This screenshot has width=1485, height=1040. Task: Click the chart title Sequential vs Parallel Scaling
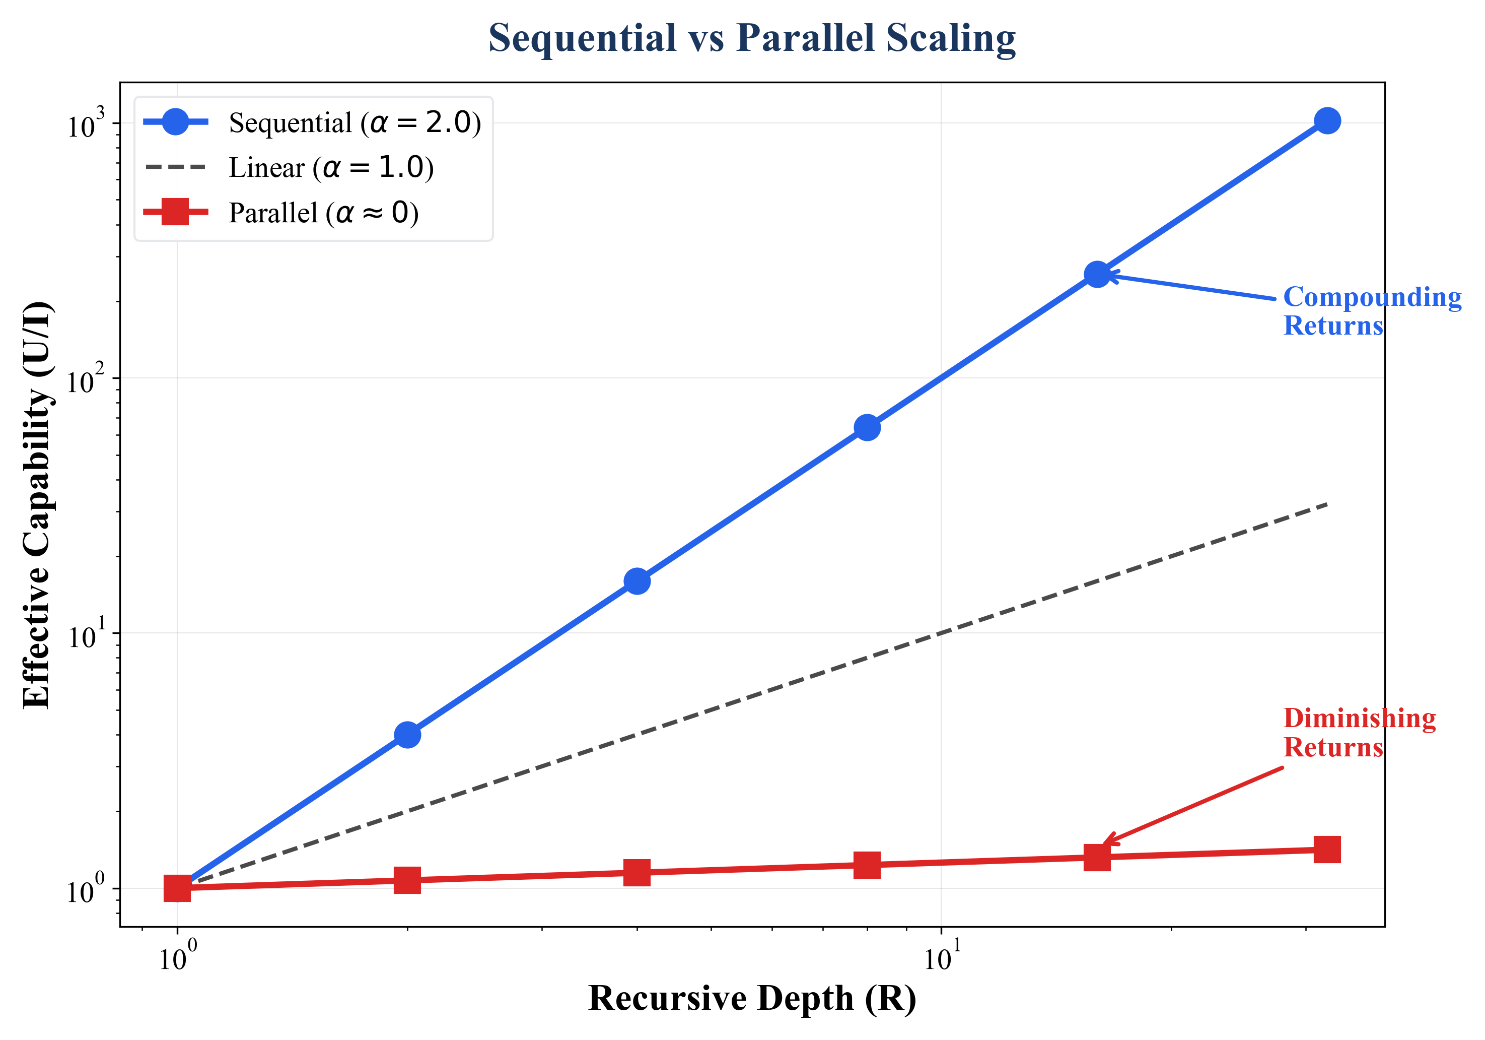(x=751, y=38)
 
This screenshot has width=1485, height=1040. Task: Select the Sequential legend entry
(x=355, y=122)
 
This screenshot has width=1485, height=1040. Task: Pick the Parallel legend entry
(x=323, y=213)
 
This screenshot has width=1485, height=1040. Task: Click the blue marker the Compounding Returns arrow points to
(x=1097, y=275)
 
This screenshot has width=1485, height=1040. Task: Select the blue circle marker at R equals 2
(x=407, y=735)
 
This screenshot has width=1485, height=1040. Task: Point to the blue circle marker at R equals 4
(x=637, y=581)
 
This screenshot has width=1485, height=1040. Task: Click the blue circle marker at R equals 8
(x=867, y=428)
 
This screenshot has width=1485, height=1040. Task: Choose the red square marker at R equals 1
(x=177, y=888)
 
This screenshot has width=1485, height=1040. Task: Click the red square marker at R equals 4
(x=637, y=872)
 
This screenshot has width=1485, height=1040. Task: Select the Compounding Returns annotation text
(x=1371, y=311)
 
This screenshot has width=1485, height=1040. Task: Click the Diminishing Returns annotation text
(x=1358, y=733)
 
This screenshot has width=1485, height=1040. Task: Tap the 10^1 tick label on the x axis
(x=941, y=956)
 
